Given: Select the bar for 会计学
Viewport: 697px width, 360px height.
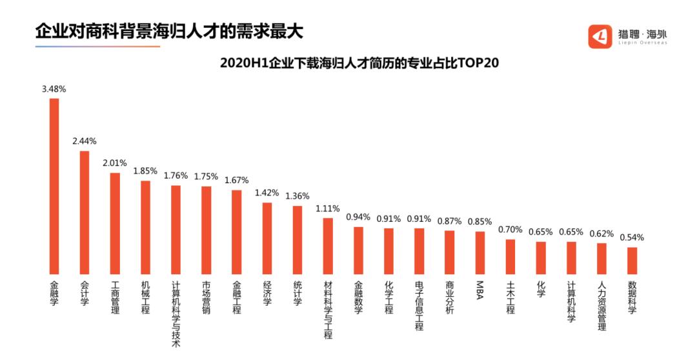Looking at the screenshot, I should tap(85, 212).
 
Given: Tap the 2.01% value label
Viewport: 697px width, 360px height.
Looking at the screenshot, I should tap(115, 163).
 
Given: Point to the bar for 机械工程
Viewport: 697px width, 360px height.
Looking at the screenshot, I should tap(146, 227).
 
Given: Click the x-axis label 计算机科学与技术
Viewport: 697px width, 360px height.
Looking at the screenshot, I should tap(176, 313).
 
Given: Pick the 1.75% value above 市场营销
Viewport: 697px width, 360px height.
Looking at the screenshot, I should tap(206, 176).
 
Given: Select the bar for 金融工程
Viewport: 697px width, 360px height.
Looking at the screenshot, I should tap(237, 232).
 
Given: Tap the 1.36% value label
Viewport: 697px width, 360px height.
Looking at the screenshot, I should tap(298, 195).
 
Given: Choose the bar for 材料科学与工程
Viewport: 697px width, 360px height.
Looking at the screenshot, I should tap(328, 246).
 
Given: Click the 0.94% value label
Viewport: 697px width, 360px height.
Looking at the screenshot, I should tap(358, 217).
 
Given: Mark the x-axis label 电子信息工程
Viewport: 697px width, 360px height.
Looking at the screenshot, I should tap(419, 305).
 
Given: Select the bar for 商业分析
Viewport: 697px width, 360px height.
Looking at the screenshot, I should tap(449, 252).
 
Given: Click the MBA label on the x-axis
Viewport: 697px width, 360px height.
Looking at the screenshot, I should tap(480, 286).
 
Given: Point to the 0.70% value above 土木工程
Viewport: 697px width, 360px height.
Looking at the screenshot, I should tap(510, 229).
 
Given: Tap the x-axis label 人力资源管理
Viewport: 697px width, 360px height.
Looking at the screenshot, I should tap(601, 305).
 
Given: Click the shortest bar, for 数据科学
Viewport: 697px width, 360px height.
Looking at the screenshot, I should tap(632, 261).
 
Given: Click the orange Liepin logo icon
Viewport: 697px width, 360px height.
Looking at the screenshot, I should tap(600, 36).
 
